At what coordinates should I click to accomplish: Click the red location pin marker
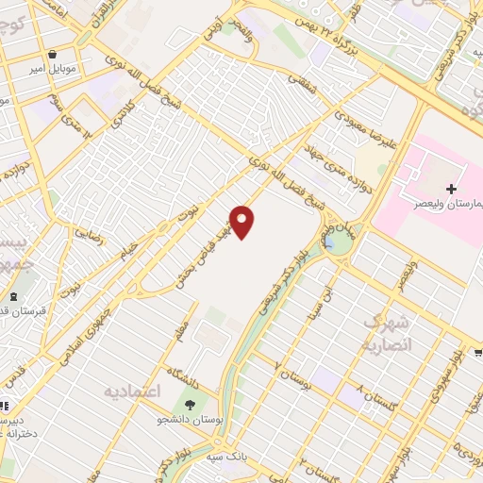click(243, 222)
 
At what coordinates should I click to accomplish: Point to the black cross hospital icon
click(452, 189)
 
